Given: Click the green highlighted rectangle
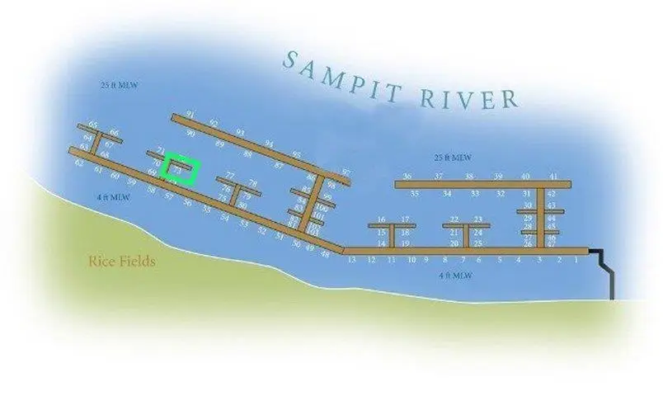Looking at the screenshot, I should click(181, 168).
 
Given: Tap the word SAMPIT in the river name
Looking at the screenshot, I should click(337, 73).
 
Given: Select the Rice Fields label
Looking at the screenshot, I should click(122, 262).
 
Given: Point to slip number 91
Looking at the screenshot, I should click(190, 114).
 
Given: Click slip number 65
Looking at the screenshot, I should click(93, 125).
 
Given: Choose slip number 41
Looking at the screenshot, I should click(553, 177).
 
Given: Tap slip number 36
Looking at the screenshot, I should click(407, 177).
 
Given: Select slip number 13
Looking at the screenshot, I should click(351, 260).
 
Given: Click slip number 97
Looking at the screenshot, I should click(346, 172).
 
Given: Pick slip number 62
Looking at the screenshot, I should click(79, 163).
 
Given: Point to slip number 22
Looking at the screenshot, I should click(454, 219).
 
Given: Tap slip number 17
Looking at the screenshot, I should click(406, 219).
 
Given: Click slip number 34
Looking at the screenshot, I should click(446, 194).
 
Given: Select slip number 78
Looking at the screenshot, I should click(252, 184).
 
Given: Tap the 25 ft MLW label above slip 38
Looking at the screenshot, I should click(452, 158).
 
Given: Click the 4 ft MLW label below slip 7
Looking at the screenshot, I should click(455, 276).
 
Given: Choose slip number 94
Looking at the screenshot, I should click(269, 144).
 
